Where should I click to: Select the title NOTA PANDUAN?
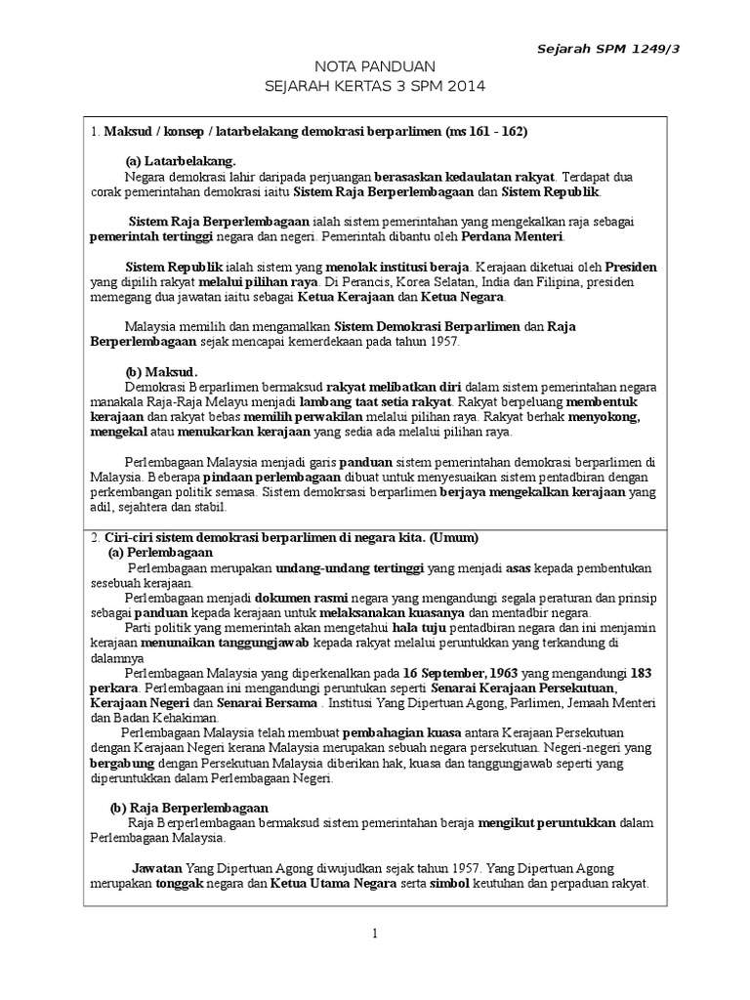pyautogui.click(x=374, y=65)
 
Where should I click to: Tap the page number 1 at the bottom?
pyautogui.click(x=374, y=935)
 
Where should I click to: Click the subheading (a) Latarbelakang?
pyautogui.click(x=181, y=160)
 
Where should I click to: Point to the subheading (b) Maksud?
pyautogui.click(x=161, y=372)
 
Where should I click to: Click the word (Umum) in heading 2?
pyautogui.click(x=449, y=537)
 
